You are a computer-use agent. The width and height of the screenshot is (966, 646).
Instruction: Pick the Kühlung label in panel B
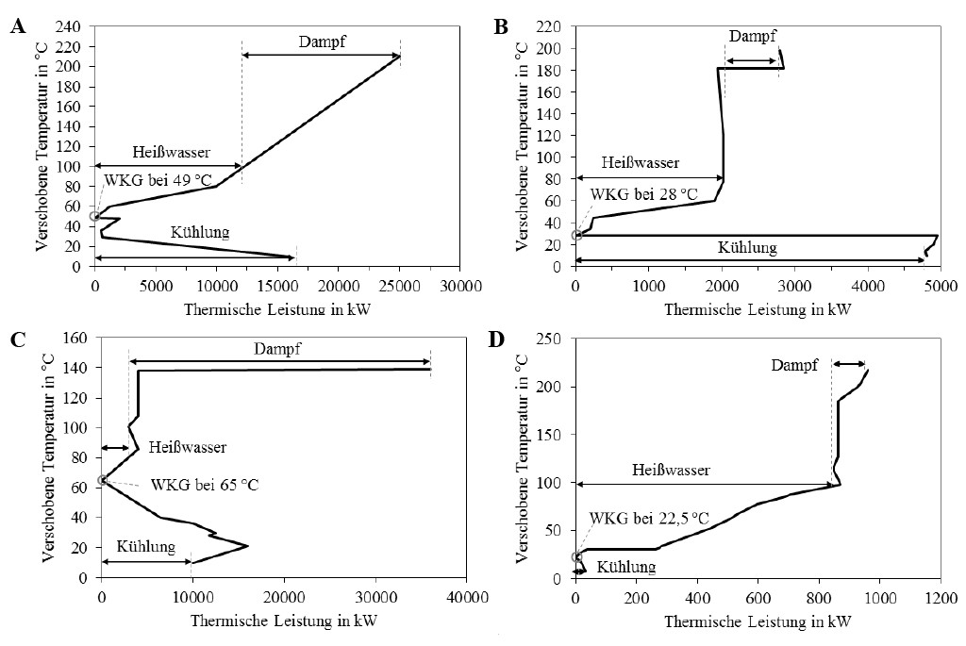(747, 247)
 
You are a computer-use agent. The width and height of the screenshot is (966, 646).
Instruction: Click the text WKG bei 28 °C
(644, 195)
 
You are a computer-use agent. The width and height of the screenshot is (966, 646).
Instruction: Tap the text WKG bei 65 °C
(204, 485)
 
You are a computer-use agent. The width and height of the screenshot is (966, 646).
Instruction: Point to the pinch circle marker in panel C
(102, 480)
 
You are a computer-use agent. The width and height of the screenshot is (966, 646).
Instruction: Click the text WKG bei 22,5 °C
(649, 518)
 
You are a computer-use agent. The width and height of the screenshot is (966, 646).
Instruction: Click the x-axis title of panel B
(757, 307)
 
